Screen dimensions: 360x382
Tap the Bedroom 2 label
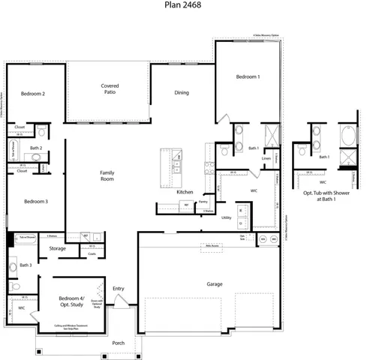coord(34,94)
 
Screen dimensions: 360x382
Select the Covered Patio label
coord(110,90)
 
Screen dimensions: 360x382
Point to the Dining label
coord(182,93)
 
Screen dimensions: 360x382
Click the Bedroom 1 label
coord(248,77)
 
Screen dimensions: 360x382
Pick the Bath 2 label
coord(35,149)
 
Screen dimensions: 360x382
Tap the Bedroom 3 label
coord(35,202)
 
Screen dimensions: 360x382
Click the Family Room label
coord(107,176)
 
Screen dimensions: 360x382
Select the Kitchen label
coord(185,193)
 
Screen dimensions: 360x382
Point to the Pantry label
coord(203,202)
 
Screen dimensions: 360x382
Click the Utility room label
coord(226,217)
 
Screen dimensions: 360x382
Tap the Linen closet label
coord(266,158)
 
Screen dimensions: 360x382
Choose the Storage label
coord(58,248)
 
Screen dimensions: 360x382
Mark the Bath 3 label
coord(26,265)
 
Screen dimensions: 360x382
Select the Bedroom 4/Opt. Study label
coord(73,302)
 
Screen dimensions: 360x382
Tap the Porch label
coord(119,343)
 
